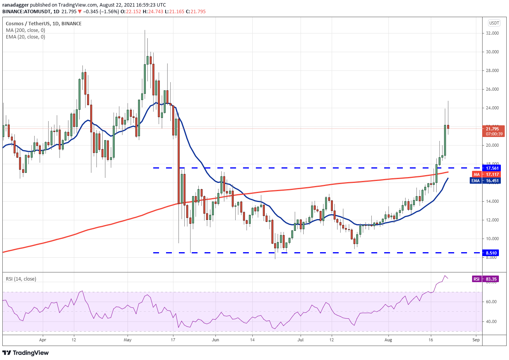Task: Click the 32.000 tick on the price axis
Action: pos(493,33)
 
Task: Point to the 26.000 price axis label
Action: pos(493,89)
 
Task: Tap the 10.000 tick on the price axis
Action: pos(493,239)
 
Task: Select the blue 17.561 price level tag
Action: pos(492,168)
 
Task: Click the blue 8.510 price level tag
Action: pos(492,253)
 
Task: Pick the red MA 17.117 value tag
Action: pos(488,174)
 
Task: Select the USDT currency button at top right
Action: pos(494,23)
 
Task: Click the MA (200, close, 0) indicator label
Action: pos(25,30)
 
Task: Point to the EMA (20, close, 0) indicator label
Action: pos(25,37)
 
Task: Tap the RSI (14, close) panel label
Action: pos(21,279)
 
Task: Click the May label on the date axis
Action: pos(128,340)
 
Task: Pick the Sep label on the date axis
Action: pos(476,340)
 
